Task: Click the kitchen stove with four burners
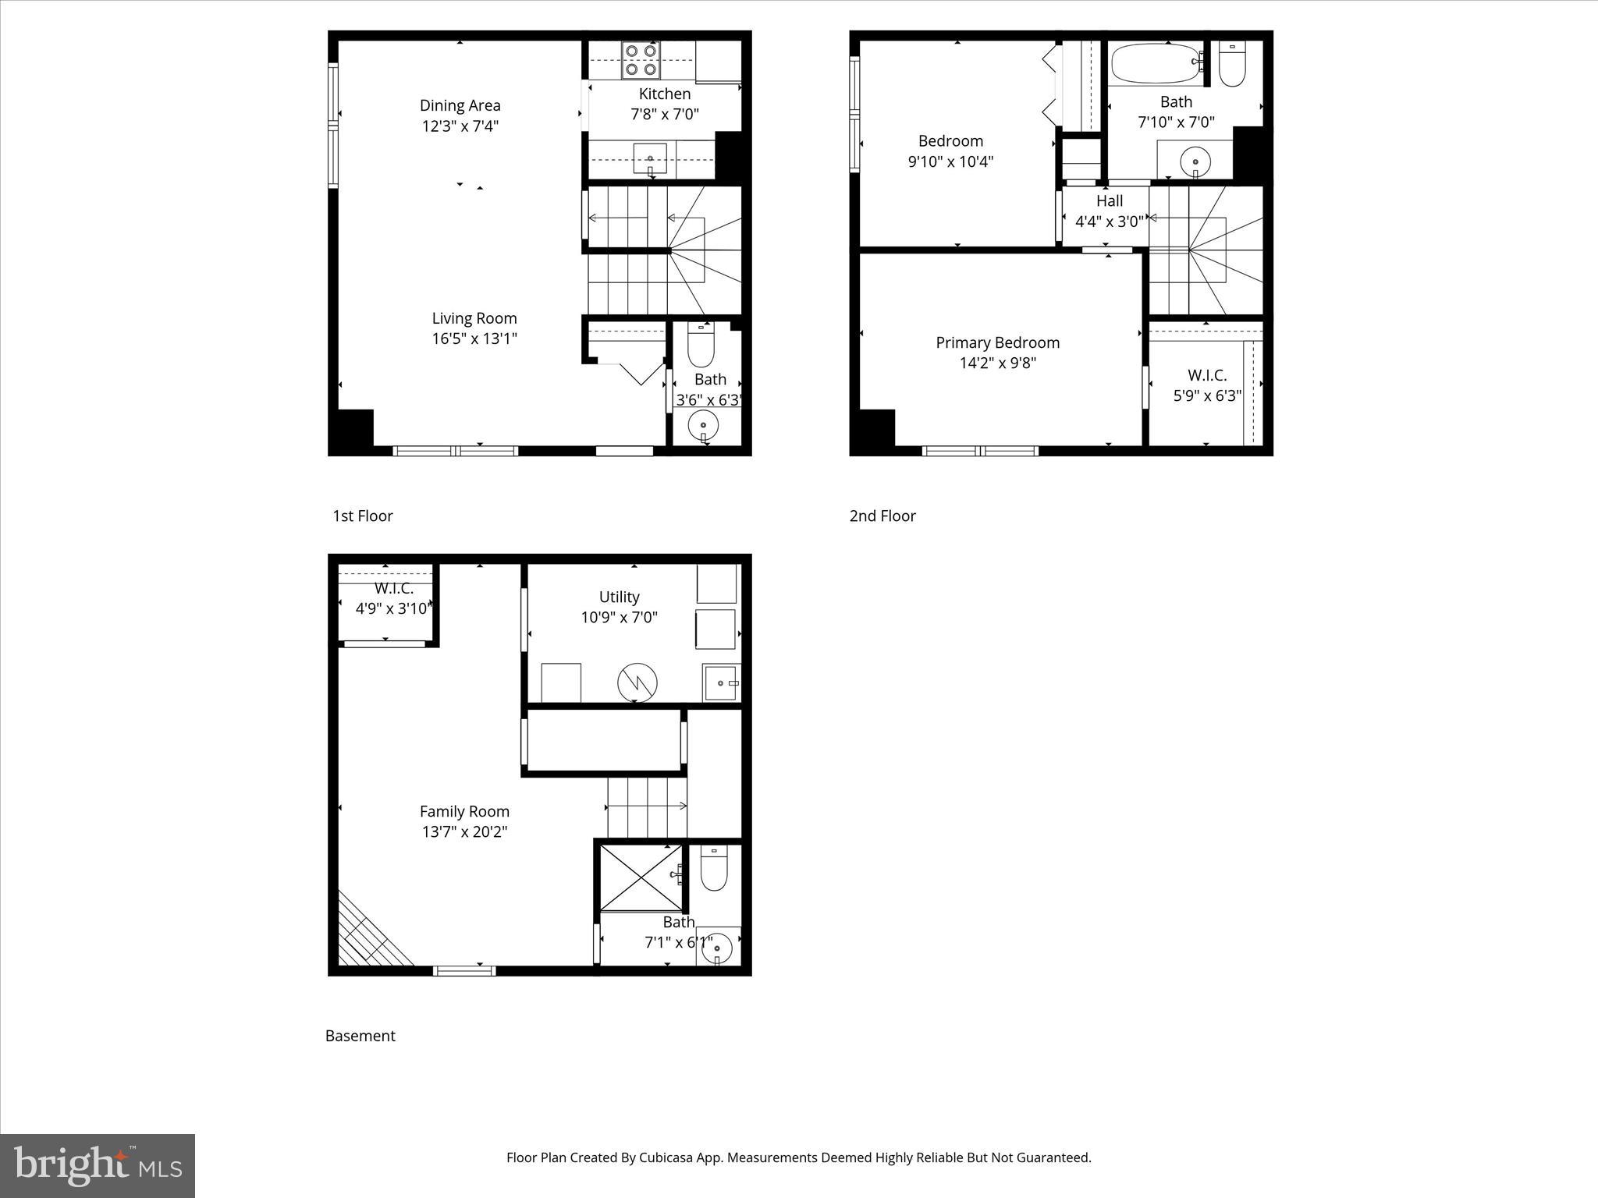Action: click(x=641, y=60)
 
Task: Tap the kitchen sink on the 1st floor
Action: click(x=649, y=159)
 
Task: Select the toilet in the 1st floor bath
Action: click(x=700, y=346)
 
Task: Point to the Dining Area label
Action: click(x=460, y=105)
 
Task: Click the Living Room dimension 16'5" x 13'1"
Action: click(x=474, y=338)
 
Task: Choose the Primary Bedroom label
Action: click(x=997, y=342)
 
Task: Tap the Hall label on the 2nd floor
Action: click(x=1109, y=201)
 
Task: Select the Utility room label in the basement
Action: click(x=619, y=597)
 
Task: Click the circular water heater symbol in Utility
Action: click(x=637, y=683)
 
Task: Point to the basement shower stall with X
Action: click(x=640, y=877)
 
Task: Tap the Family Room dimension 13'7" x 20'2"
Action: click(x=464, y=831)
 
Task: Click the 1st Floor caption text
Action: click(x=363, y=516)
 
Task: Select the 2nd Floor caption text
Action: click(x=882, y=516)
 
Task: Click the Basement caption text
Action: click(x=360, y=1036)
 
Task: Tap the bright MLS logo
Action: click(x=98, y=1165)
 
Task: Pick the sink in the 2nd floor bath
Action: click(x=1194, y=162)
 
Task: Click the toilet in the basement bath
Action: click(x=713, y=869)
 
